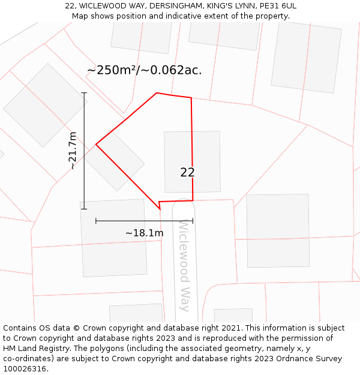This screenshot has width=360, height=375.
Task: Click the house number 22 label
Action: pyautogui.click(x=187, y=172)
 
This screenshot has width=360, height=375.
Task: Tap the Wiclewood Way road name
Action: pyautogui.click(x=184, y=264)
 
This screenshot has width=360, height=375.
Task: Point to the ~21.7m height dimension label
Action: pyautogui.click(x=73, y=151)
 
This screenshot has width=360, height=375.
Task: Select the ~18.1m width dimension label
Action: pyautogui.click(x=144, y=233)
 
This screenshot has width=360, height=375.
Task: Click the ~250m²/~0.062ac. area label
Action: pyautogui.click(x=144, y=70)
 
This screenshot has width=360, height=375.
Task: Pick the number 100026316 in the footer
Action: pyautogui.click(x=23, y=369)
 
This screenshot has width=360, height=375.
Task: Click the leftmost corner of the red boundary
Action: pyautogui.click(x=96, y=144)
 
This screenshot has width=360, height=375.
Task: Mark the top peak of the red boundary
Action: pyautogui.click(x=157, y=93)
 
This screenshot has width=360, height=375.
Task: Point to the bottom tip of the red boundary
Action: pyautogui.click(x=160, y=209)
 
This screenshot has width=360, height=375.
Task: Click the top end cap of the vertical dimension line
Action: pyautogui.click(x=84, y=93)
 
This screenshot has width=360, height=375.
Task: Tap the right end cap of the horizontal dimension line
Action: pyautogui.click(x=193, y=221)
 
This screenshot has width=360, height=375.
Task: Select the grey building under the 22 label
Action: pyautogui.click(x=192, y=161)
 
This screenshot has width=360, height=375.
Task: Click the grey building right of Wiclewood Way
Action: pyautogui.click(x=277, y=230)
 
